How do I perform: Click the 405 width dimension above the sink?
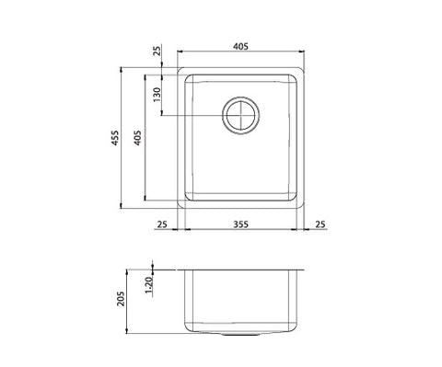240,46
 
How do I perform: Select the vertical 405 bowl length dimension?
137,138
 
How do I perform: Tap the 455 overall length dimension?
115,138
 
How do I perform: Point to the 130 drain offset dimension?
157,95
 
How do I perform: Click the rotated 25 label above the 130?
157,51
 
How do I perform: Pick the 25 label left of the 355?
162,224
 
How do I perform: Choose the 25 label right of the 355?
320,224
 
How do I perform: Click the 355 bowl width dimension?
240,224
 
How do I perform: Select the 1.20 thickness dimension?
148,285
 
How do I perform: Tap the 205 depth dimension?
122,298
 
